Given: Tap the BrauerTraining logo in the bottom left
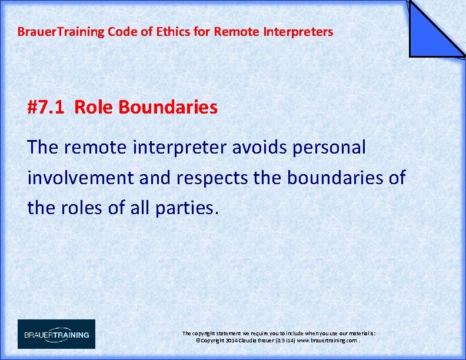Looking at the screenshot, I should point(56,334).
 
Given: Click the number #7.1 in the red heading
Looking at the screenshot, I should point(48,108).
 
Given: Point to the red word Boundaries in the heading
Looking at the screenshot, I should point(168,108).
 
